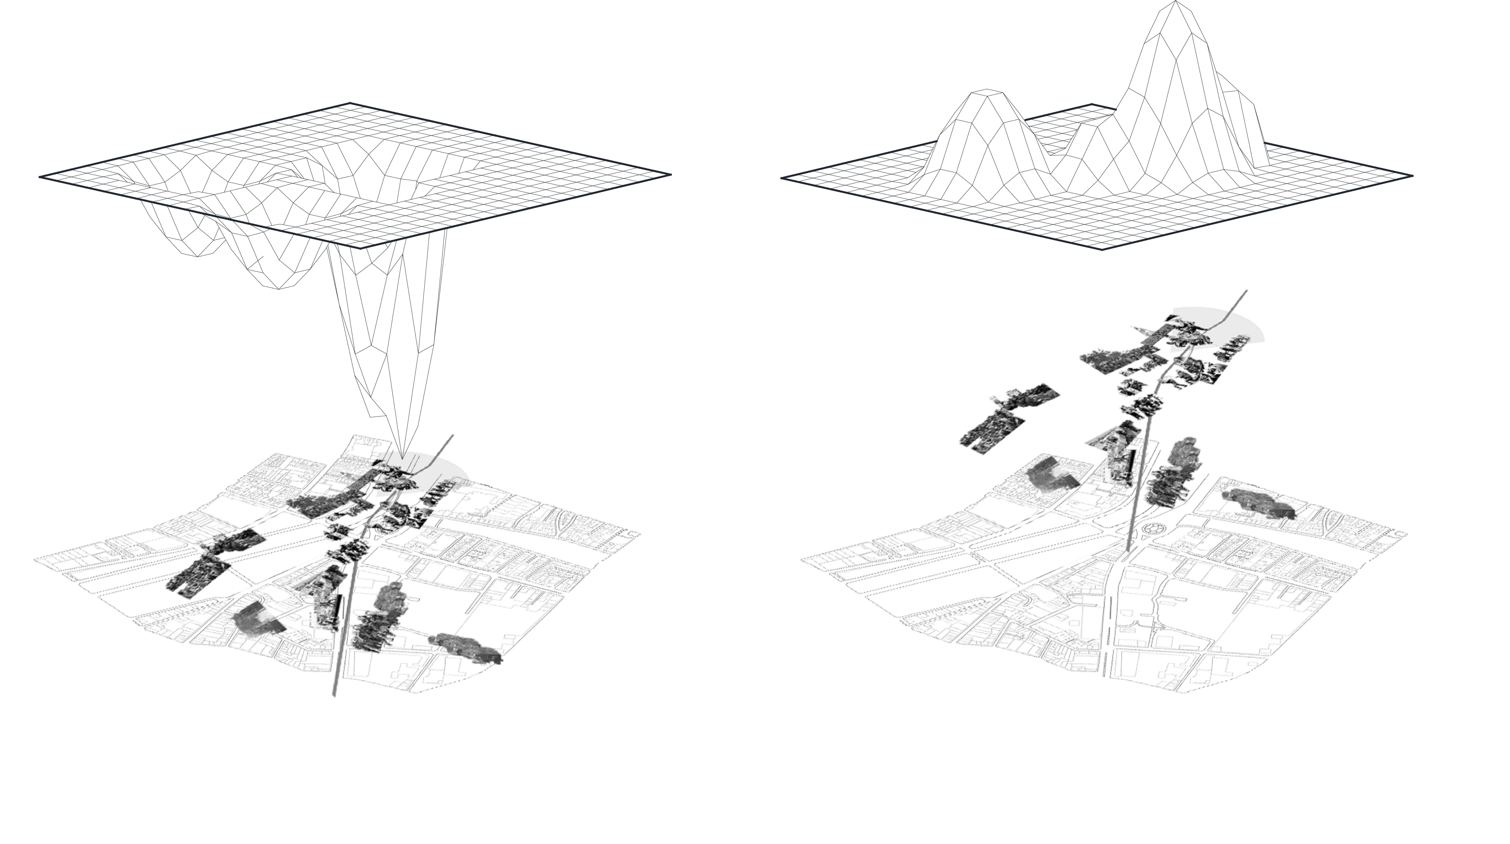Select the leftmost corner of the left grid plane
pyautogui.click(x=40, y=176)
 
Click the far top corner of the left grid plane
pyautogui.click(x=350, y=103)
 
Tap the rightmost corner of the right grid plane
pyautogui.click(x=1413, y=175)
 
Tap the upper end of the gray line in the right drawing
pyautogui.click(x=1246, y=290)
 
